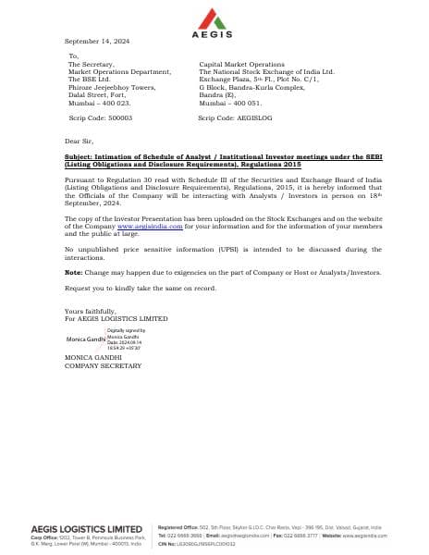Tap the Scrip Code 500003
[x=101, y=118]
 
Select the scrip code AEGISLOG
[x=230, y=118]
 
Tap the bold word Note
[x=74, y=273]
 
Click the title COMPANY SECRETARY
[x=103, y=366]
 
